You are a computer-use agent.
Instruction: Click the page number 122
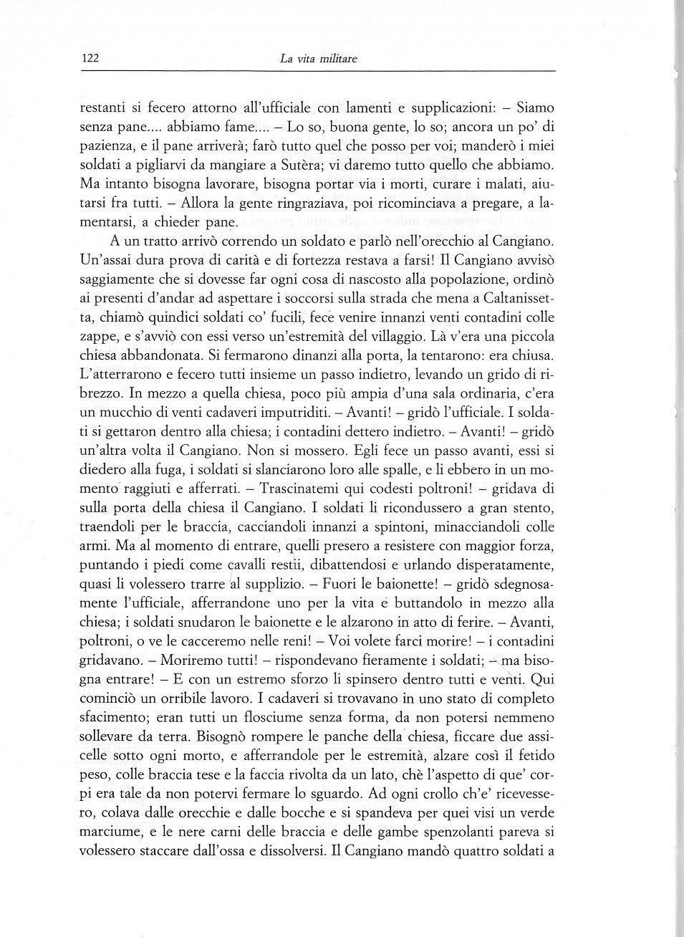click(89, 59)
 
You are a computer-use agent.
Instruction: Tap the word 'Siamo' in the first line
click(534, 108)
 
